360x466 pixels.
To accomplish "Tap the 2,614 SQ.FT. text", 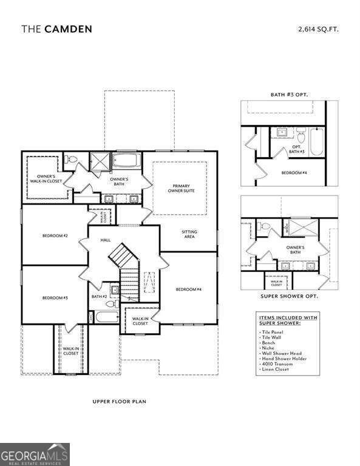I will pyautogui.click(x=318, y=29).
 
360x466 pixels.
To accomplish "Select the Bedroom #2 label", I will pyautogui.click(x=55, y=235).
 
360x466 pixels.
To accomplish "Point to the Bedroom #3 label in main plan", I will pyautogui.click(x=55, y=298).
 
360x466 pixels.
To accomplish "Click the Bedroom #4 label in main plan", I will pyautogui.click(x=189, y=289).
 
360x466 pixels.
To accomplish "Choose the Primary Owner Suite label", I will pyautogui.click(x=182, y=188).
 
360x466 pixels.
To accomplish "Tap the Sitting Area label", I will pyautogui.click(x=189, y=234).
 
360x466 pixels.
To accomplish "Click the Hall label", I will pyautogui.click(x=106, y=240).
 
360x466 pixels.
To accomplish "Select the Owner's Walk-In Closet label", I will pyautogui.click(x=42, y=178).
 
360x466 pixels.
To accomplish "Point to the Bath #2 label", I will pyautogui.click(x=99, y=297).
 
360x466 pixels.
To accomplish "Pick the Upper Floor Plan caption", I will pyautogui.click(x=119, y=401).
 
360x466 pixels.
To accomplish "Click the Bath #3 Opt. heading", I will pyautogui.click(x=288, y=95).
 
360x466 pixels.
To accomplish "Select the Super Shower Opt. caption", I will pyautogui.click(x=288, y=296).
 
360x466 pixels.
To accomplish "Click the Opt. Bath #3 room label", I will pyautogui.click(x=297, y=149).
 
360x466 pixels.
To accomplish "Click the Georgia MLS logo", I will pyautogui.click(x=35, y=454).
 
